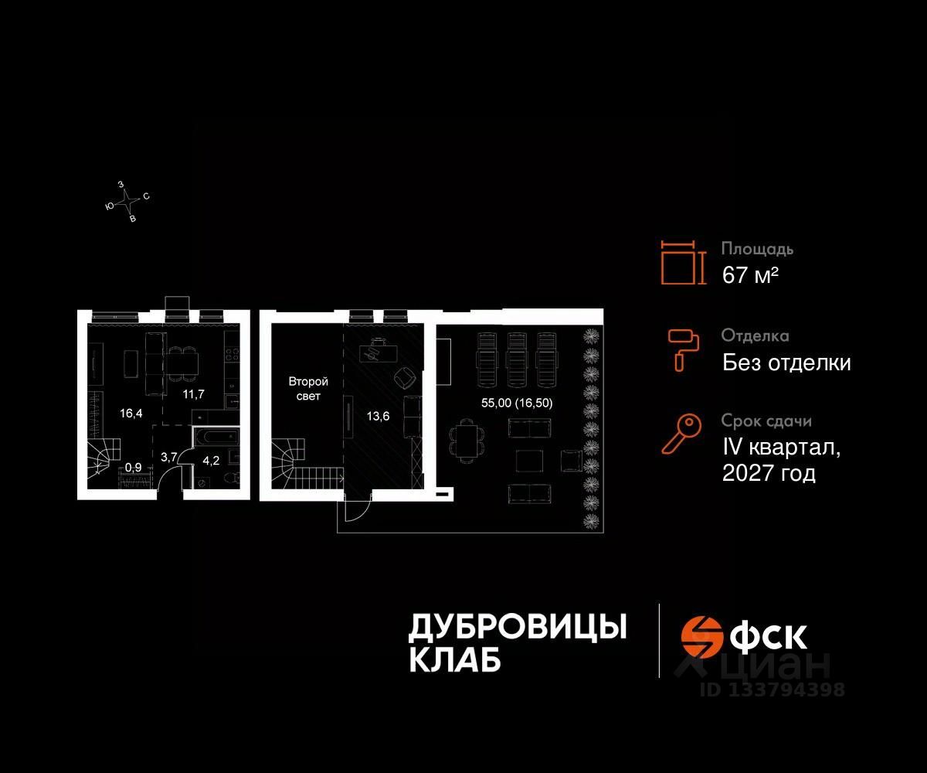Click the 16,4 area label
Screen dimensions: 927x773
tap(131, 414)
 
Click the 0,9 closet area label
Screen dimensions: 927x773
tap(134, 467)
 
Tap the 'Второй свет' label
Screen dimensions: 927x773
tap(308, 389)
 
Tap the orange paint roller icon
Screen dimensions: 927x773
tap(684, 349)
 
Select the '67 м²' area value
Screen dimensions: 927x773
tap(749, 275)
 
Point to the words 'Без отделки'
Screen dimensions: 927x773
tap(786, 363)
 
